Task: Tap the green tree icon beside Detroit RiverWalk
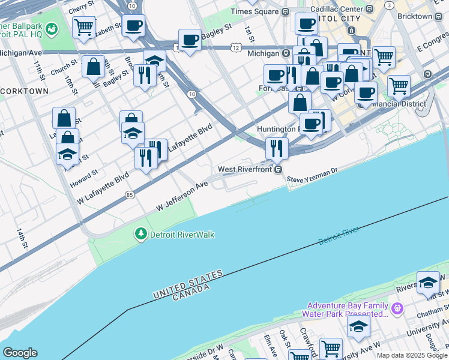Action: coord(141,233)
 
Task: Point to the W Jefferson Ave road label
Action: coord(181,197)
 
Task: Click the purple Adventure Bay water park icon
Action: coord(396,309)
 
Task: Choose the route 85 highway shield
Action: coord(130,195)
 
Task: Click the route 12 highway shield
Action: coord(236,47)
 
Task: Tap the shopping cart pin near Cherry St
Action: coord(83,27)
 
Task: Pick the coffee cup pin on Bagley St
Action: coord(190,41)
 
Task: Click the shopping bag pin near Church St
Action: coord(94,68)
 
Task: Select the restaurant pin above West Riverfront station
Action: coord(277,148)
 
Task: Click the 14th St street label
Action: coord(22,238)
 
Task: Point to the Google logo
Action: coord(20,353)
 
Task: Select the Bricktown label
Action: coord(431,16)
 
